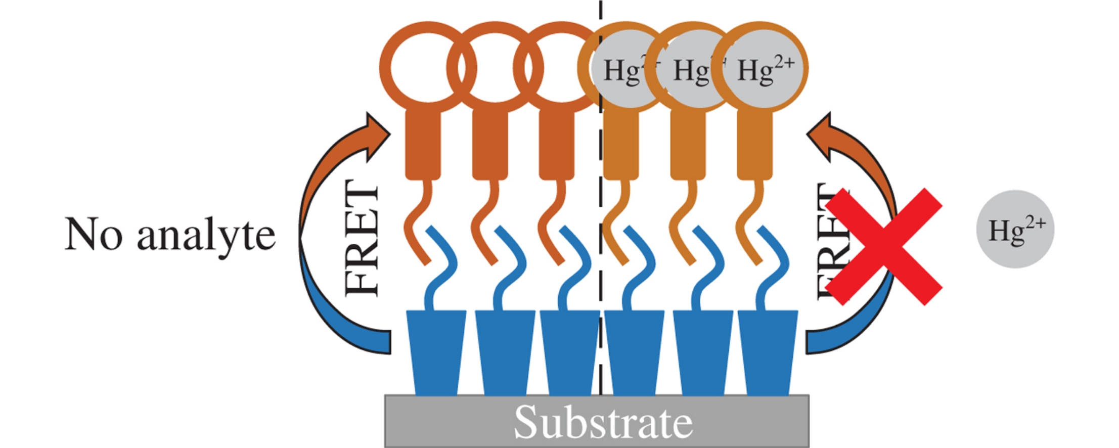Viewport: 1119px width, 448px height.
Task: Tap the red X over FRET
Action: click(884, 247)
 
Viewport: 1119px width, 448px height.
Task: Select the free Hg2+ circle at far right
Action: click(1015, 229)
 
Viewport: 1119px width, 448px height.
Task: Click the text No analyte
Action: click(170, 235)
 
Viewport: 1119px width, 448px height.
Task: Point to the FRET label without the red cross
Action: click(361, 239)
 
